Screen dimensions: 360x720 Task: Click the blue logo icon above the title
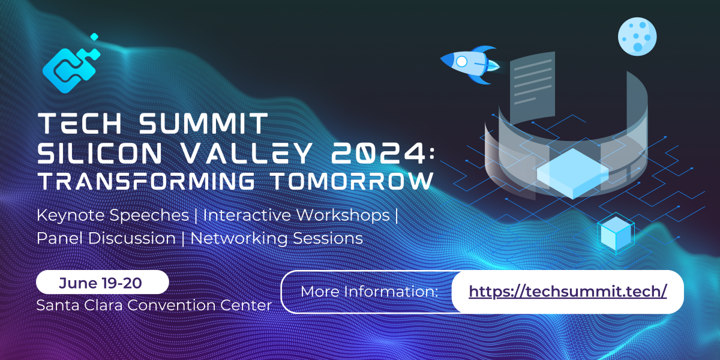(70, 65)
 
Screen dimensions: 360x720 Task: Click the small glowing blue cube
(616, 233)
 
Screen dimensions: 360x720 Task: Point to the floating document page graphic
(531, 90)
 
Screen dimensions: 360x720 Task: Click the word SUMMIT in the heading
(202, 124)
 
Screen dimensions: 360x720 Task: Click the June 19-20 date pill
(103, 281)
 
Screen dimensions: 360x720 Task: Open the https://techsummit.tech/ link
(568, 292)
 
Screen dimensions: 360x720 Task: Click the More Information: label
(368, 292)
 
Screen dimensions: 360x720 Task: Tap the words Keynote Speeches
(116, 215)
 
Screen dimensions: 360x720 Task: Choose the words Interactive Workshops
(297, 215)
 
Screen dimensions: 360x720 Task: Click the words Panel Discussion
(106, 238)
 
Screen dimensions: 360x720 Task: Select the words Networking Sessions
(277, 238)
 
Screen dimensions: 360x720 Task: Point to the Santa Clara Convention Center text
(154, 305)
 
